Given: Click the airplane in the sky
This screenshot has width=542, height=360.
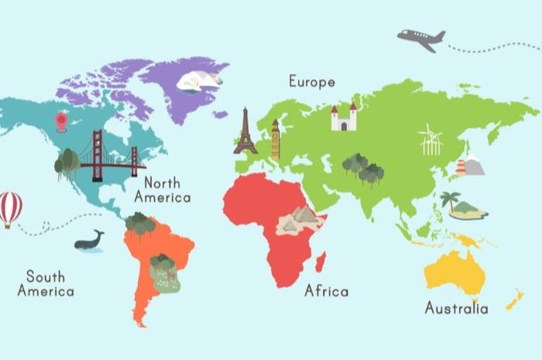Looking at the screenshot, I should [x=421, y=39].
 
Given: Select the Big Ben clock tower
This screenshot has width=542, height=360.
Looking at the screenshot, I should [x=275, y=140].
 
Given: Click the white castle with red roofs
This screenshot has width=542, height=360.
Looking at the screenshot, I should [x=343, y=118].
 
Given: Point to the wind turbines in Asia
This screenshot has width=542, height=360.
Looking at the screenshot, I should [x=430, y=140].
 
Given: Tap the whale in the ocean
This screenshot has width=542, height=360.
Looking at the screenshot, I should [x=89, y=242].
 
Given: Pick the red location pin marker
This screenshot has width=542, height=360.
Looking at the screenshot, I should [x=61, y=121].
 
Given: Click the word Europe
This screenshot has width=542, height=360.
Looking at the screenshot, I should [x=312, y=81].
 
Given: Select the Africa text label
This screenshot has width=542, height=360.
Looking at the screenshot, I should [x=326, y=291].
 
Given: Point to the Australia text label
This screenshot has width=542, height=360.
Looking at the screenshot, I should [x=456, y=308].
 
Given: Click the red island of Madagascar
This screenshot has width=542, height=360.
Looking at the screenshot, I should [x=321, y=261].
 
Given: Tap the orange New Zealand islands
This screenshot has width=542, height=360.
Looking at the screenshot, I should [x=514, y=299].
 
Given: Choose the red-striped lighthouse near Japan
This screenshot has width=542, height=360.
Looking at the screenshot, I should [x=461, y=167].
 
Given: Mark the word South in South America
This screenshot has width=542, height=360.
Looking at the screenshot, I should [x=46, y=276].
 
